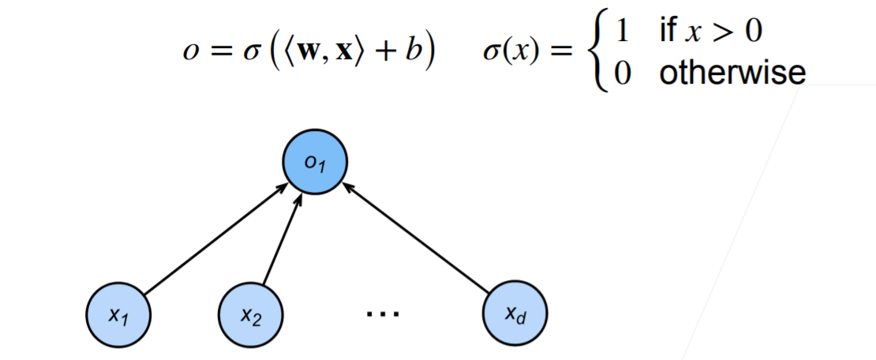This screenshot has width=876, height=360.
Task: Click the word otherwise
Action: click(x=732, y=73)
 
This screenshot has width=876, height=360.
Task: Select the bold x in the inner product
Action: click(x=346, y=54)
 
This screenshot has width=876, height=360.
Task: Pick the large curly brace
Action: click(x=597, y=52)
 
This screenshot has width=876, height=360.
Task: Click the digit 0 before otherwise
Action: click(x=623, y=73)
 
